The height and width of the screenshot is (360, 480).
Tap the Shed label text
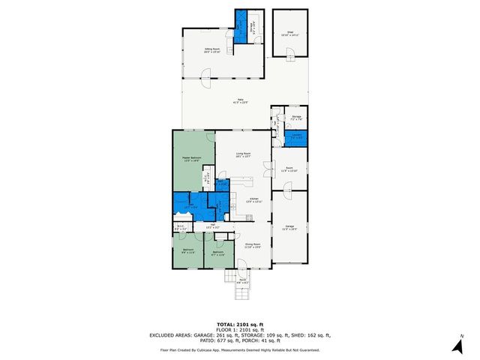(289, 34)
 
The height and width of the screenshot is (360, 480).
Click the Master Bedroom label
(191, 158)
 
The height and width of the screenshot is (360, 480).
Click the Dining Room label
(253, 245)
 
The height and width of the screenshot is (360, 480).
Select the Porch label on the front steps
(243, 281)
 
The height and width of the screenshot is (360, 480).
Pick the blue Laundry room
(296, 137)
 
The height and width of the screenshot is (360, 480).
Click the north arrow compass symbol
(456, 346)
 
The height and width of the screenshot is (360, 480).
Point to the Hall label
(213, 226)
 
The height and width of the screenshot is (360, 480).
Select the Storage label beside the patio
(296, 118)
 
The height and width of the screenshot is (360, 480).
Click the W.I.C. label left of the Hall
(181, 226)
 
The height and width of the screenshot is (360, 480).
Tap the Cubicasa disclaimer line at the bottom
(239, 349)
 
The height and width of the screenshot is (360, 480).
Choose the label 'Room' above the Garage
(289, 169)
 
